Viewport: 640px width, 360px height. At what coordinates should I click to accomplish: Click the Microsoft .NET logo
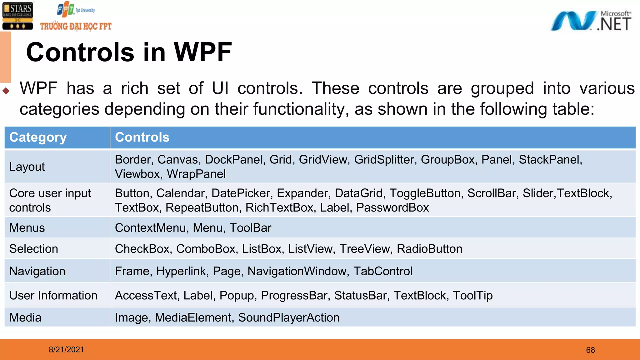[x=591, y=21]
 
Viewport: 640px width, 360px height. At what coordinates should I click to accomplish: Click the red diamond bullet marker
[x=6, y=91]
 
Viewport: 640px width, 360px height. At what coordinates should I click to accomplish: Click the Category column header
[x=38, y=137]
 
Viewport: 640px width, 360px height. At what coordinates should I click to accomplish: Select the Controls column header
[x=142, y=137]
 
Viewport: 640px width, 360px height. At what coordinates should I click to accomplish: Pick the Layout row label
[x=27, y=167]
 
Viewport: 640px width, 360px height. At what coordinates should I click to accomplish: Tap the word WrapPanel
[x=196, y=174]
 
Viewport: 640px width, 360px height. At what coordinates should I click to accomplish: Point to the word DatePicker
[x=241, y=193]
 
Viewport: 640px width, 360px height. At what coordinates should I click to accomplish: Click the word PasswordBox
[x=392, y=208]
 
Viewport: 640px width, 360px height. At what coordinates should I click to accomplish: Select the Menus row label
[x=27, y=228]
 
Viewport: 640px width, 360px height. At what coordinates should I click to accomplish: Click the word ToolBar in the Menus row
[x=250, y=228]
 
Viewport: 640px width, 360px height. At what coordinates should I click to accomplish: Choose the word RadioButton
[x=429, y=249]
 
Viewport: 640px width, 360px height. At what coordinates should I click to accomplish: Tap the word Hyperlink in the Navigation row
[x=182, y=271]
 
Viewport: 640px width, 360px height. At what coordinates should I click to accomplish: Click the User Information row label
[x=53, y=296]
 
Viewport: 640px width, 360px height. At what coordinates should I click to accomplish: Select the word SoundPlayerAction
[x=289, y=318]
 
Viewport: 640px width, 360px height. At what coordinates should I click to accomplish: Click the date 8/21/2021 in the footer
[x=66, y=350]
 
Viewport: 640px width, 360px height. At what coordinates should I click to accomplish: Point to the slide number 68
[x=590, y=350]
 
